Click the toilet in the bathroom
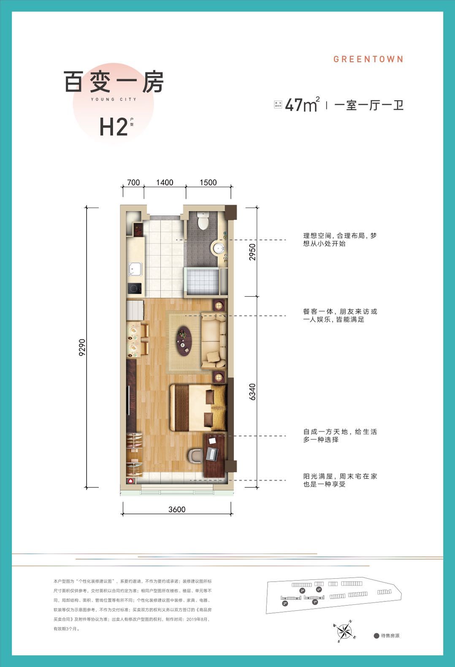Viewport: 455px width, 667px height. [x=203, y=220]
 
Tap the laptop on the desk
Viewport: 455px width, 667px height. [x=211, y=454]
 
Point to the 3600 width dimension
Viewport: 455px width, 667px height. [x=177, y=509]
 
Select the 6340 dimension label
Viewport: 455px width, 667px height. [x=252, y=391]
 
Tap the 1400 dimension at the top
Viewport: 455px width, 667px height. [x=165, y=182]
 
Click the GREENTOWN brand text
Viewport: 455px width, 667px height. [x=368, y=59]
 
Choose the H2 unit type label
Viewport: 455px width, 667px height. [x=113, y=126]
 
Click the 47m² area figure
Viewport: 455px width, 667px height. [x=301, y=104]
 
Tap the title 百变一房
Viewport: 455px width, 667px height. [x=113, y=82]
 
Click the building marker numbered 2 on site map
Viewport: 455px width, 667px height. [x=285, y=604]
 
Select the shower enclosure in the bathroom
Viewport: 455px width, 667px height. [x=202, y=281]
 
